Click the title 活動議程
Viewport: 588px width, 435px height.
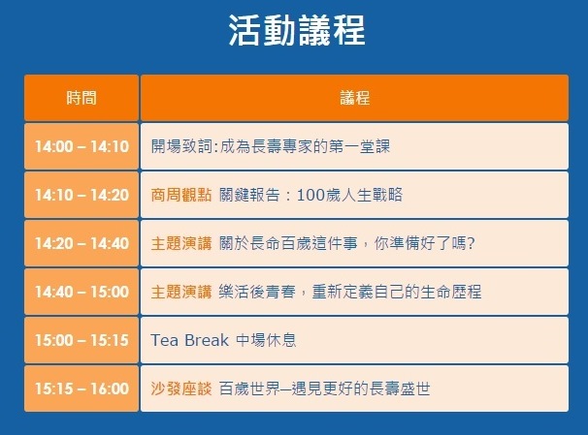(x=297, y=30)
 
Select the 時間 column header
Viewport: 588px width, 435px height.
(x=82, y=98)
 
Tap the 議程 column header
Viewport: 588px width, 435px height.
(x=355, y=98)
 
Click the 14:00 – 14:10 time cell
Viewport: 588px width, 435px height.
(x=82, y=146)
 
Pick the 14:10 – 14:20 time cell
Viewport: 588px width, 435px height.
(x=82, y=195)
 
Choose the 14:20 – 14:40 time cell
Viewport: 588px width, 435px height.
(x=82, y=243)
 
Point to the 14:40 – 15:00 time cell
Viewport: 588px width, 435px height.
(x=82, y=292)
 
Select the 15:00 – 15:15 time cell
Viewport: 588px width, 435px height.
(x=82, y=340)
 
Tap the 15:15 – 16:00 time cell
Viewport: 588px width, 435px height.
(x=82, y=388)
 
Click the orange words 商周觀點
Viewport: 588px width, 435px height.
(x=181, y=195)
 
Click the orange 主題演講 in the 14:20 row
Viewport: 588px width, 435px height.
(x=181, y=243)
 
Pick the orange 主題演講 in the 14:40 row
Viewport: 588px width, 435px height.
(x=181, y=292)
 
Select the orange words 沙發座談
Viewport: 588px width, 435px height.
(x=181, y=388)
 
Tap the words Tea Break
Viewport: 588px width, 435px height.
(x=189, y=340)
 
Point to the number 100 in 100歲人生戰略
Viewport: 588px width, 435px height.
(x=310, y=195)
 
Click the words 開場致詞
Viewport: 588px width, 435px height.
(x=181, y=146)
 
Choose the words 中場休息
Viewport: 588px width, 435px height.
(x=266, y=340)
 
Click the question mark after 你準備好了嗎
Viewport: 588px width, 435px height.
(x=471, y=243)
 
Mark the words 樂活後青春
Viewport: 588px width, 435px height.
(x=257, y=292)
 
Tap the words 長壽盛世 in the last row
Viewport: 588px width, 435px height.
(x=400, y=388)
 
